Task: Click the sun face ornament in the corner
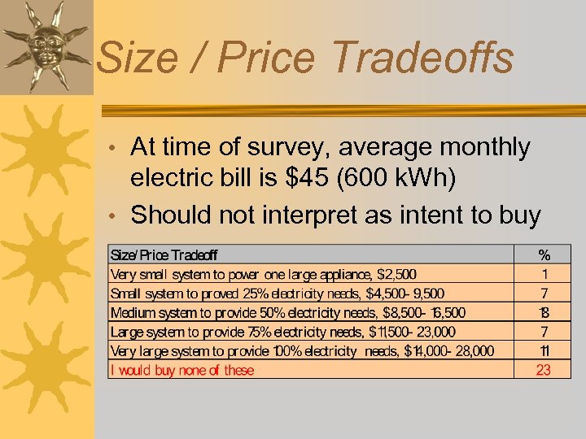pyautogui.click(x=46, y=46)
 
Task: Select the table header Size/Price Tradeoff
pyautogui.click(x=164, y=255)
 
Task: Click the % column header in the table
pyautogui.click(x=544, y=255)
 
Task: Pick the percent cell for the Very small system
pyautogui.click(x=544, y=274)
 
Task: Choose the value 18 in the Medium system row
pyautogui.click(x=544, y=312)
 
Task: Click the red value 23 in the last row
pyautogui.click(x=544, y=370)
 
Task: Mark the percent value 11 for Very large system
pyautogui.click(x=544, y=351)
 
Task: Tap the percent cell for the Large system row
pyautogui.click(x=544, y=332)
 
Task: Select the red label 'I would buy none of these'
pyautogui.click(x=182, y=370)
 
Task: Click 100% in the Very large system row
pyautogui.click(x=283, y=351)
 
